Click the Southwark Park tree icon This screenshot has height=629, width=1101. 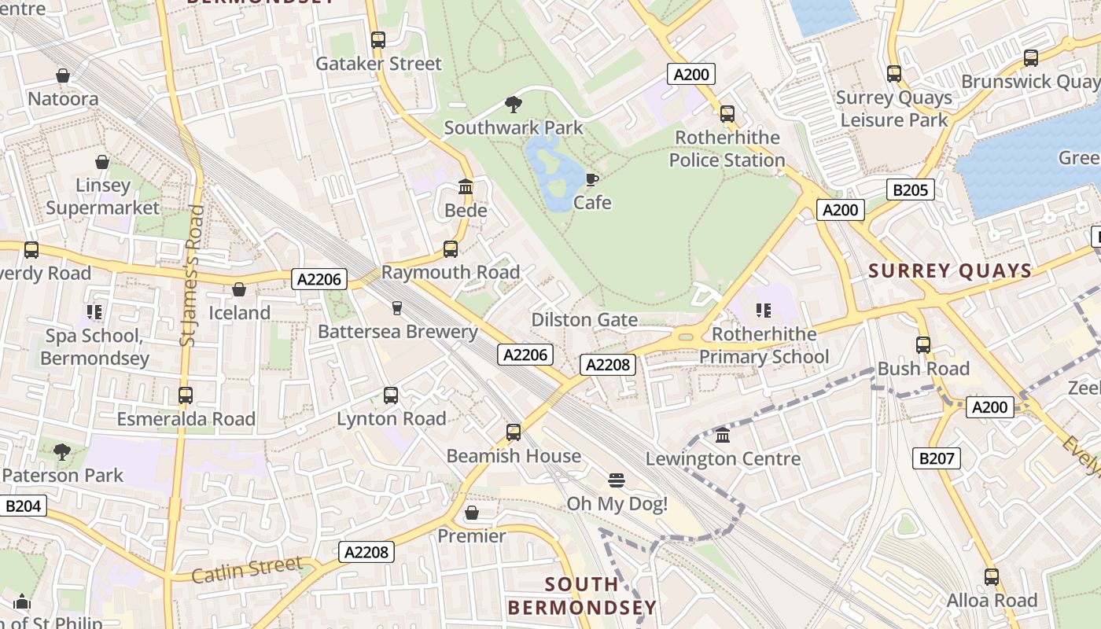pos(514,104)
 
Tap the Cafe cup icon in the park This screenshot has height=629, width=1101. pos(591,180)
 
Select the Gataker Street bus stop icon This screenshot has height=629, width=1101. pos(378,40)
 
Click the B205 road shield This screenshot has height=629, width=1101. pos(911,189)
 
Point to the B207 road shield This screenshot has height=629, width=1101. pos(936,458)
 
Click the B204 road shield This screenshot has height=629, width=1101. pos(23,506)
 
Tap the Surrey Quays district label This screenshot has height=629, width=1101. pos(950,271)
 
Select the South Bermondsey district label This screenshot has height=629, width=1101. pos(582,596)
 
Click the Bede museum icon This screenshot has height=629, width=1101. pos(466,187)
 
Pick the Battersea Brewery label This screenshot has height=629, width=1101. pos(398,332)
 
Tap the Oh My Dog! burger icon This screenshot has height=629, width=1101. pos(617,480)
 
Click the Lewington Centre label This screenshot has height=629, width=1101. pos(723,458)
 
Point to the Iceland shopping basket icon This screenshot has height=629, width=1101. pos(239,289)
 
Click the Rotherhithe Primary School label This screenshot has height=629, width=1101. pos(764,345)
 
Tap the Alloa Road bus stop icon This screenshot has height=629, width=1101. pos(992,577)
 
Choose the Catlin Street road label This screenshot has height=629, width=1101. pos(247,568)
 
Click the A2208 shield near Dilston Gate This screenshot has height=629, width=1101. pos(608,364)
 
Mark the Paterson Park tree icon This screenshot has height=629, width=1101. pos(62,452)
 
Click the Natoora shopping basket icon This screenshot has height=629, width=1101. pos(63,75)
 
